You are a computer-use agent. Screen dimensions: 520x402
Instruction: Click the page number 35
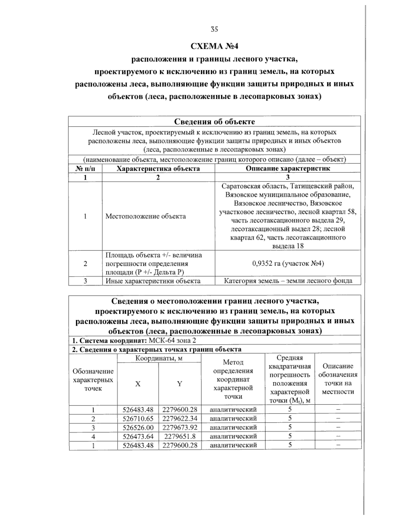click(214, 29)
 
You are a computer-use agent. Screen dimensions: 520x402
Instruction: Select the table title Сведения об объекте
click(214, 121)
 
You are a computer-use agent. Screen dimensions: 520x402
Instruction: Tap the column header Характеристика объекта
click(158, 168)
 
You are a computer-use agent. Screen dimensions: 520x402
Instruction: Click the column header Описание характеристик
click(288, 168)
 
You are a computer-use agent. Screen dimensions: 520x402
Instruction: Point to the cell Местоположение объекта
click(146, 216)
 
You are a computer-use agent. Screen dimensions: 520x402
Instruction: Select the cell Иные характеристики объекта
click(153, 281)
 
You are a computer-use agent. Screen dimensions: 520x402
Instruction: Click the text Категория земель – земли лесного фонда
click(288, 281)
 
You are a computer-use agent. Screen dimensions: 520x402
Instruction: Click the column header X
click(138, 384)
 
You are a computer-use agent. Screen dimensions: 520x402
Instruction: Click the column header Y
click(180, 384)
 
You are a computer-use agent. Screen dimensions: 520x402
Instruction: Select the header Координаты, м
click(159, 358)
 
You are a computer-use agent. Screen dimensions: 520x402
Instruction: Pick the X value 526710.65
click(138, 418)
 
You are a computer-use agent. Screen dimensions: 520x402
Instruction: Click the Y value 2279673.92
click(180, 427)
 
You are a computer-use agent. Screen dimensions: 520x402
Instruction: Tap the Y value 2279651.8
click(180, 436)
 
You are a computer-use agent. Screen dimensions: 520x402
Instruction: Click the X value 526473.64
click(138, 436)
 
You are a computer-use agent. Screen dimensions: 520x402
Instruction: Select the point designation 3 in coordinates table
click(93, 428)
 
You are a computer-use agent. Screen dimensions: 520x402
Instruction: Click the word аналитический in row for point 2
click(233, 418)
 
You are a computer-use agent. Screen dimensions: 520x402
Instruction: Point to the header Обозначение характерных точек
click(93, 380)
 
